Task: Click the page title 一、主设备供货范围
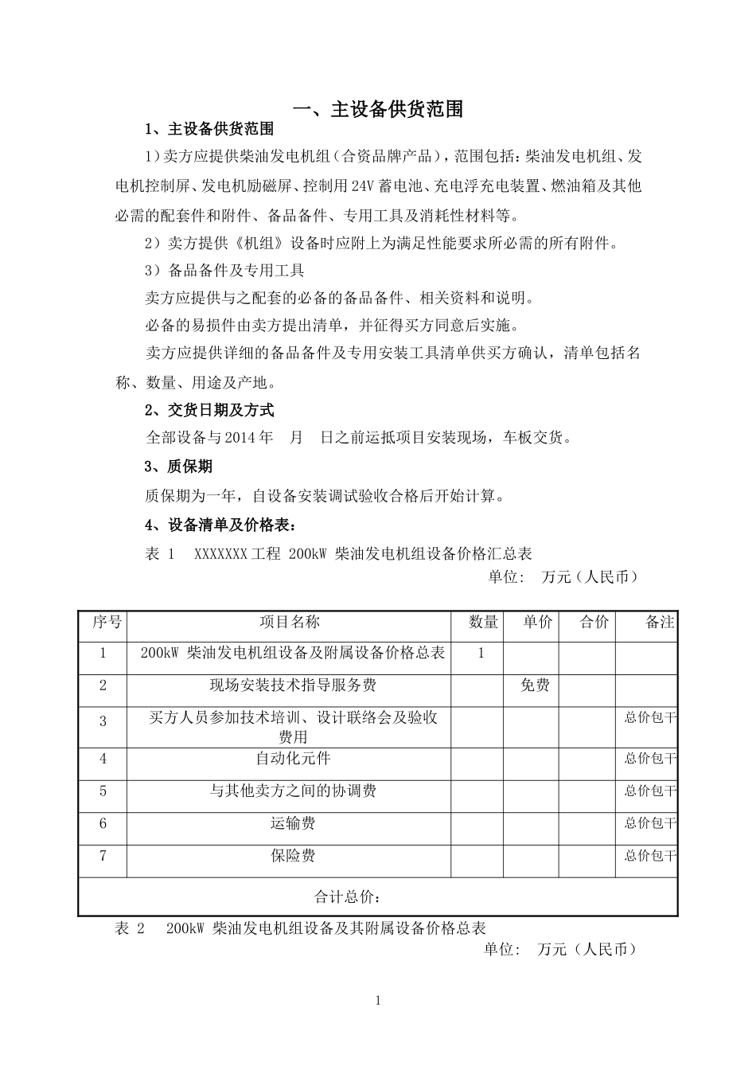pos(378,109)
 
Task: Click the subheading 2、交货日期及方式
pos(209,410)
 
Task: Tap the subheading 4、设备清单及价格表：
pos(221,525)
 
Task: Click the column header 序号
pos(107,622)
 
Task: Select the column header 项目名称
pos(290,622)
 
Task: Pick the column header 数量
pos(483,622)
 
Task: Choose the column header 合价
pos(594,622)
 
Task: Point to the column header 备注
pos(660,622)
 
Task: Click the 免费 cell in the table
pos(535,685)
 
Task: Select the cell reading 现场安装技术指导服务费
pos(293,685)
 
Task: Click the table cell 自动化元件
pos(293,759)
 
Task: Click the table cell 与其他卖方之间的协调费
pos(293,791)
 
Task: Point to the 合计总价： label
pos(349,897)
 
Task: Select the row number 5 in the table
pos(103,791)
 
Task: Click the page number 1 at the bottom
pos(379,1001)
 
